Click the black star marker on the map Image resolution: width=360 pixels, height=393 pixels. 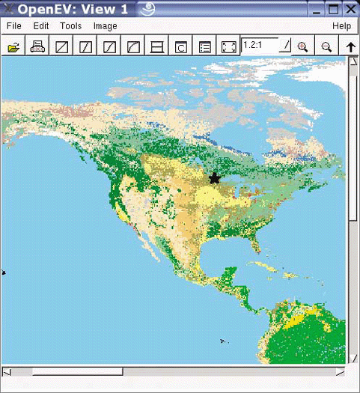pos(215,178)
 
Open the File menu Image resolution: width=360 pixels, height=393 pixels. pos(13,25)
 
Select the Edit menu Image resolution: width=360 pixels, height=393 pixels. pos(40,25)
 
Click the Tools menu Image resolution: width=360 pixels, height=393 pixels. pos(70,25)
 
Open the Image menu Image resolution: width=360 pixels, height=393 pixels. pos(105,25)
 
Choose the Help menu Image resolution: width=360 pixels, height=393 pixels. pos(341,25)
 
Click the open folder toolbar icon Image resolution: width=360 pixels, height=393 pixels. pos(13,46)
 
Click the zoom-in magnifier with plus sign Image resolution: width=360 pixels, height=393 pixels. pos(302,46)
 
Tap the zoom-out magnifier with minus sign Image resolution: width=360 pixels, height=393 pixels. pos(326,46)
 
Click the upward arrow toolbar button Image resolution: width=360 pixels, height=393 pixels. pos(350,46)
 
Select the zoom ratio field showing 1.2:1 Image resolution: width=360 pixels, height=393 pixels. pos(260,45)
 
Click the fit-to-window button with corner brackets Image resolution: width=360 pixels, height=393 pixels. pos(229,46)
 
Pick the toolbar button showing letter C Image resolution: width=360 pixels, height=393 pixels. pos(181,46)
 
